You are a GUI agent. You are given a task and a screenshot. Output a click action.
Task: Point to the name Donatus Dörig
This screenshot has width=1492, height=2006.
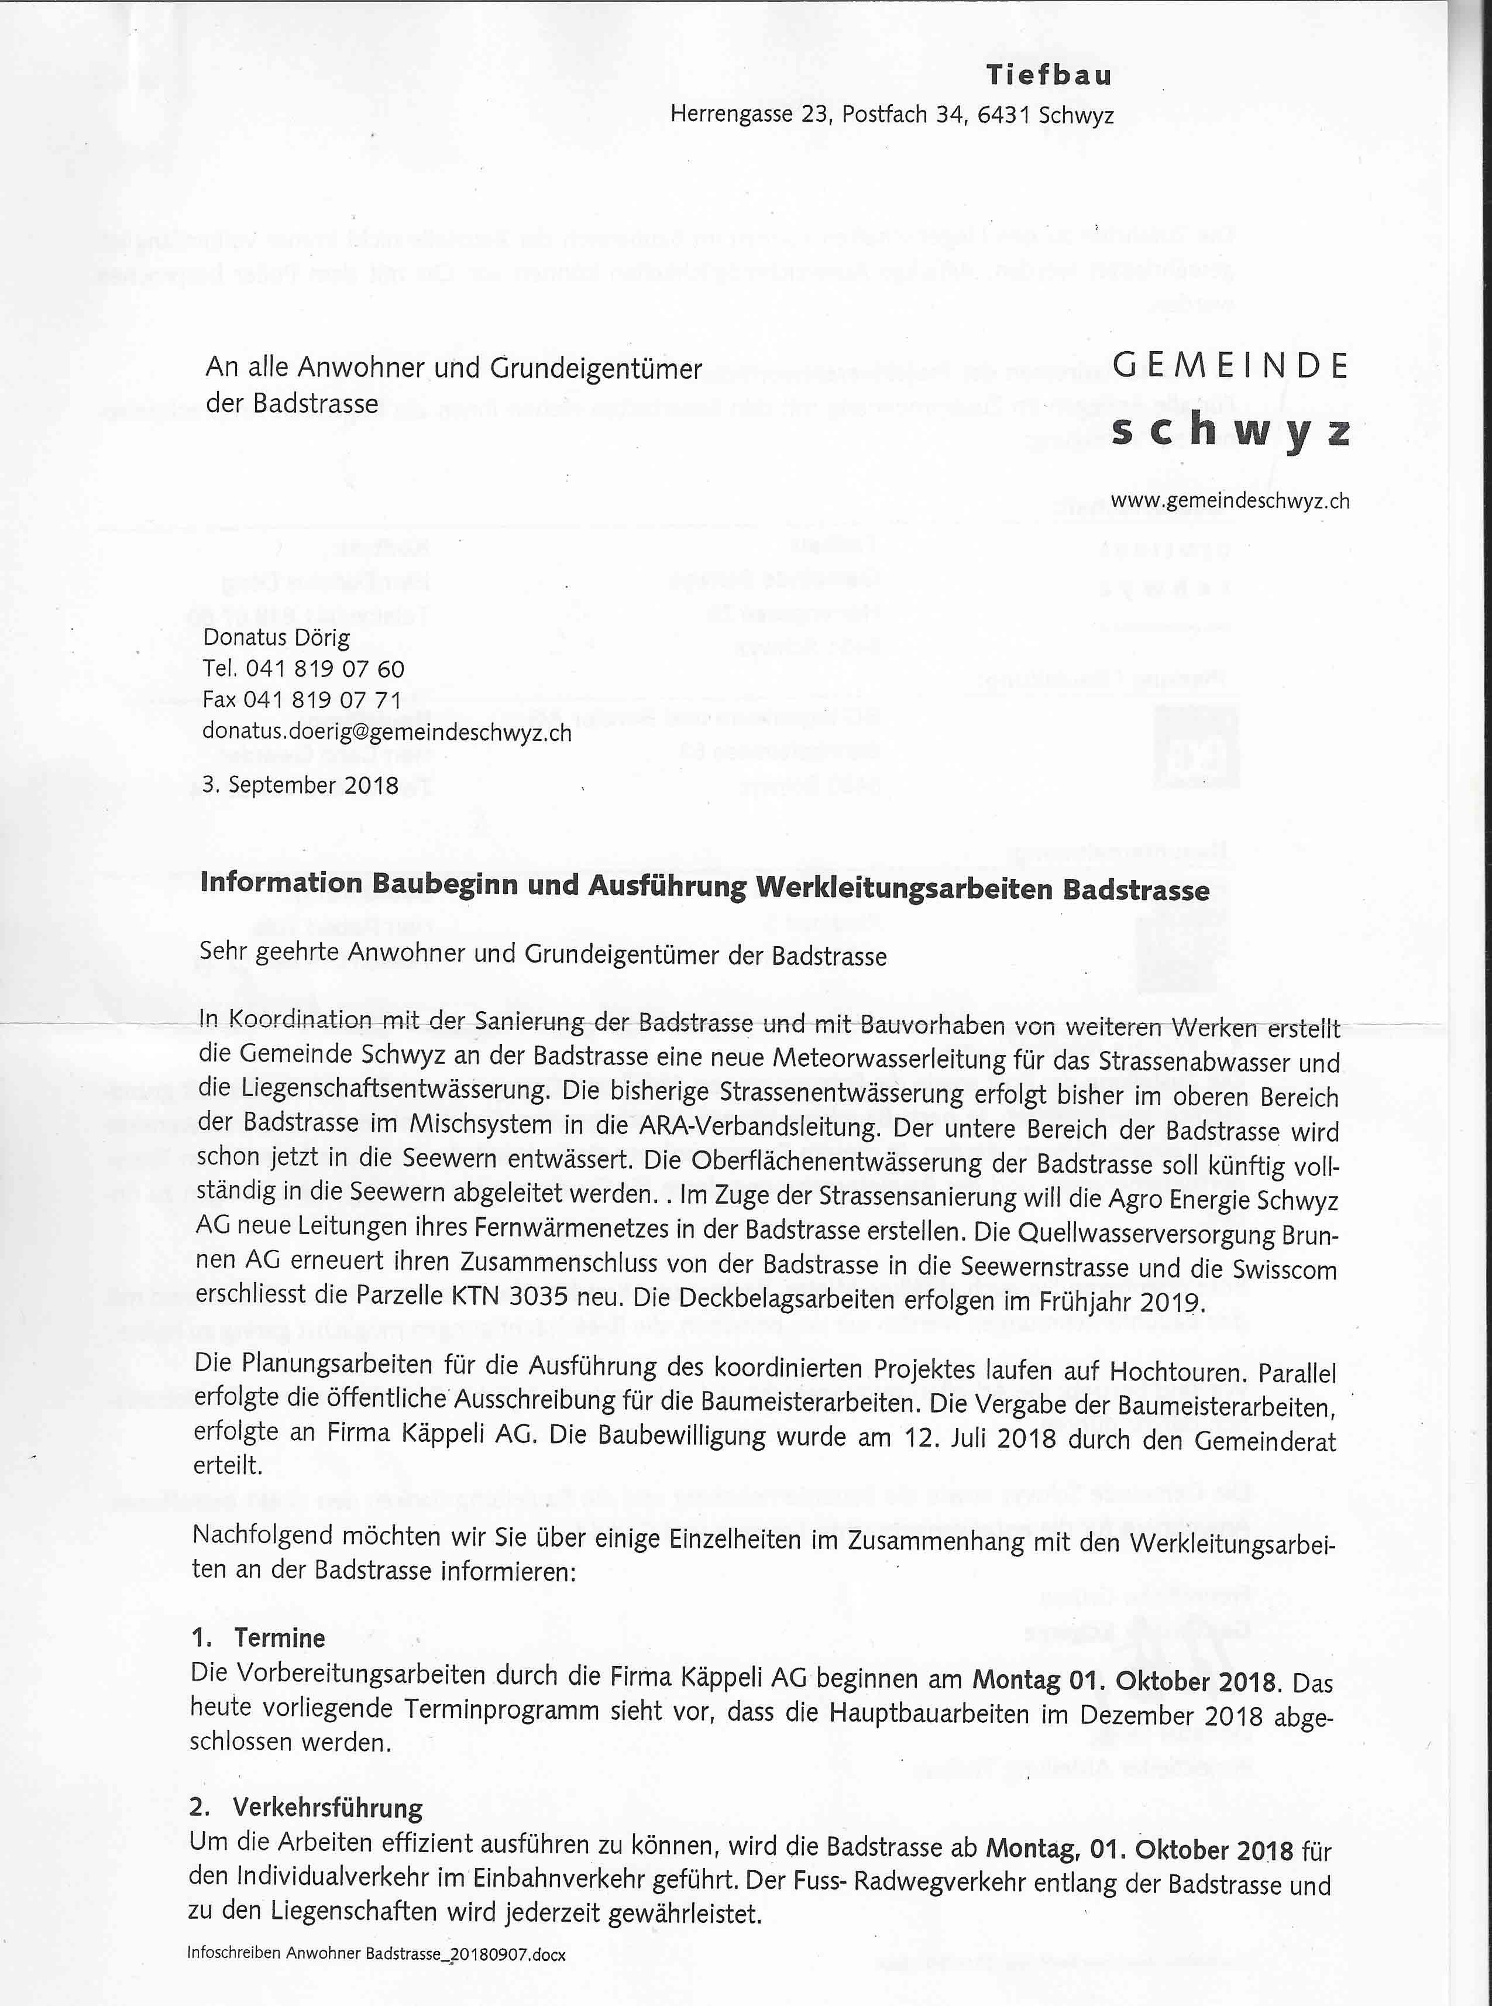click(276, 638)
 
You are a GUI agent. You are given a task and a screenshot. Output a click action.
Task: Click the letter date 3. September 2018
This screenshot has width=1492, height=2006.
click(300, 785)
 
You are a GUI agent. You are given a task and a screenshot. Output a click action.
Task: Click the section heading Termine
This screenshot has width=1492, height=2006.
click(280, 1637)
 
